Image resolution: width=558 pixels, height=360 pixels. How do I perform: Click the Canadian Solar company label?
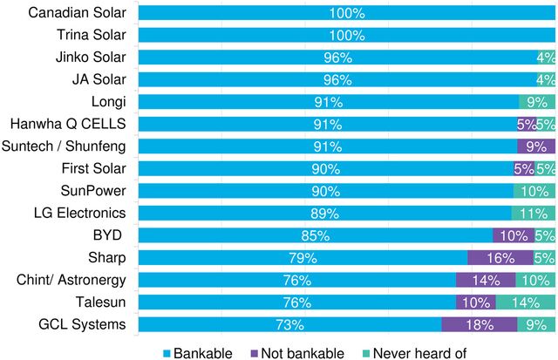coord(78,13)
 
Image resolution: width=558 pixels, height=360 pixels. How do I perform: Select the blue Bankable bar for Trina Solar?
coord(347,36)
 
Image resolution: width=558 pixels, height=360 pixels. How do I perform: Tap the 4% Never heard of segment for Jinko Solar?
coord(546,58)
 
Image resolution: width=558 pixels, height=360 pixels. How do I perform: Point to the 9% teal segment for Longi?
coord(536,102)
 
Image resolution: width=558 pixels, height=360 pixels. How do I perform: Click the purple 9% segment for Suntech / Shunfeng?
coord(535,146)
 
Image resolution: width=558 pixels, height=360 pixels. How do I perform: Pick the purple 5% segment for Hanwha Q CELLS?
coord(525,125)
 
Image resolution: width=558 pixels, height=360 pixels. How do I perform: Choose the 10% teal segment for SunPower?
coord(534,191)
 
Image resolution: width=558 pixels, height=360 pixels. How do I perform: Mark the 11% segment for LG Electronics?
coord(533,214)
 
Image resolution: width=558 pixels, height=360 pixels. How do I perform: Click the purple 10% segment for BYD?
coord(513,235)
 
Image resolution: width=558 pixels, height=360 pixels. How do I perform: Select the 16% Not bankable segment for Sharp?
coord(500,258)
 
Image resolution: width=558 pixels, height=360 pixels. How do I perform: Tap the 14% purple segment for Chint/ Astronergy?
coord(485,280)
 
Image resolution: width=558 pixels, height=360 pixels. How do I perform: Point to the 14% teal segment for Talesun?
coord(525,302)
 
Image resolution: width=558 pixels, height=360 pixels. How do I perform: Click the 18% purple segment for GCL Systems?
coord(479,324)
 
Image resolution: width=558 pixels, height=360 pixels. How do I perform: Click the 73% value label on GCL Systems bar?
coord(289,324)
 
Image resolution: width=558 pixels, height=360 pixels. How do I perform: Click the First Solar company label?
coord(93,169)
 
